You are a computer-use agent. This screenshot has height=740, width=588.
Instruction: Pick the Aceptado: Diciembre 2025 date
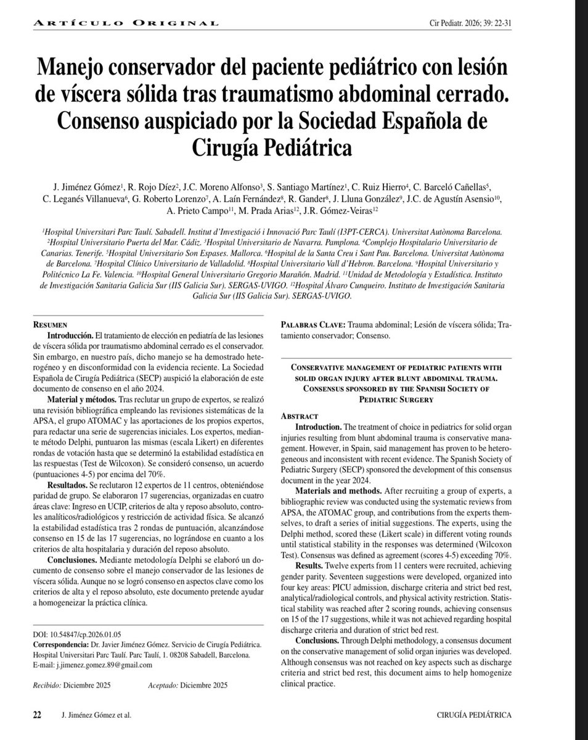187,685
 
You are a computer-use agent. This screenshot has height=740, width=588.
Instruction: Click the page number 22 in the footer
36,715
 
